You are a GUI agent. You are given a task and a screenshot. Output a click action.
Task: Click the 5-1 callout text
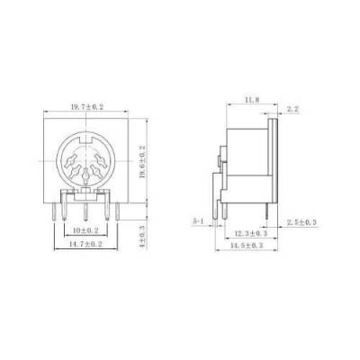click(x=201, y=220)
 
